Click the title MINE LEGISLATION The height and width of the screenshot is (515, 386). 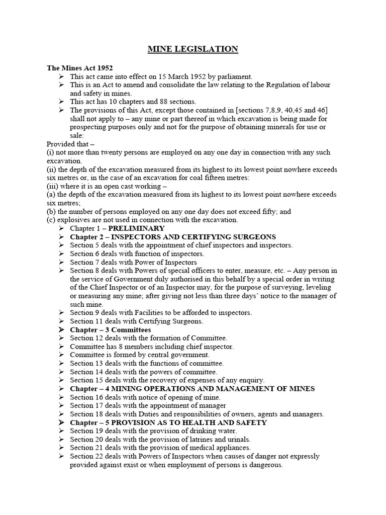point(193,49)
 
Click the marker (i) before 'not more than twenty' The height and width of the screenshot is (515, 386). point(50,152)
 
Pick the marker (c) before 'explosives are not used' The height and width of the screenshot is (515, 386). point(51,220)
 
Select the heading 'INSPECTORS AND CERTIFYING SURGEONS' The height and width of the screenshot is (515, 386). point(193,237)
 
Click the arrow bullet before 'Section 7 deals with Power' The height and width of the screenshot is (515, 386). point(61,263)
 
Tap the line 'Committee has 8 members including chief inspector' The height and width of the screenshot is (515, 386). point(152,347)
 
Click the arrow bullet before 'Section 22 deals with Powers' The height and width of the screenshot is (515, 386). point(61,457)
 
